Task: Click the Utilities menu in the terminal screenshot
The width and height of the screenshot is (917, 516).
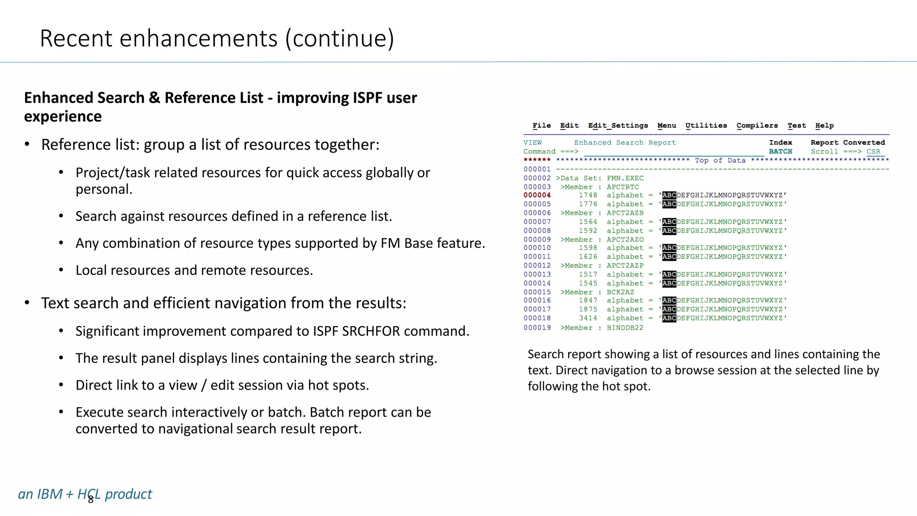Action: [x=706, y=126]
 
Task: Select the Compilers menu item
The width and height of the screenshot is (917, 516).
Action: [x=757, y=126]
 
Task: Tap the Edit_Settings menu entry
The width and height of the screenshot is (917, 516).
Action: [x=618, y=126]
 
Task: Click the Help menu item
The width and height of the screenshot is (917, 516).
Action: [x=824, y=126]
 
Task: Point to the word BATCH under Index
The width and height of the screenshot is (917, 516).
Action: [x=780, y=151]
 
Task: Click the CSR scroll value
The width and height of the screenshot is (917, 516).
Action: [x=873, y=151]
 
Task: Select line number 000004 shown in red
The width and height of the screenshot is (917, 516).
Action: [x=537, y=195]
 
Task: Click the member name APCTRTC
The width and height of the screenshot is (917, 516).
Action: [x=623, y=187]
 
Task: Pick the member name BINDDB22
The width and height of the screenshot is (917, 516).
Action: [x=625, y=328]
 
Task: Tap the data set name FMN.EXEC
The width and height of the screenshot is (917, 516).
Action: [x=625, y=178]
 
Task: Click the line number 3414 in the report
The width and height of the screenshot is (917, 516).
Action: [x=588, y=318]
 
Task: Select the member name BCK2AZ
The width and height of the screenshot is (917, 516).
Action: [x=620, y=292]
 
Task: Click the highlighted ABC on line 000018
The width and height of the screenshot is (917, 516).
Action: [x=669, y=318]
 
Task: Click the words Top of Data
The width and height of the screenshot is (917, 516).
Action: [x=720, y=160]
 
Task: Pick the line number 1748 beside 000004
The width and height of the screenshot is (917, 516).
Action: [x=588, y=195]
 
